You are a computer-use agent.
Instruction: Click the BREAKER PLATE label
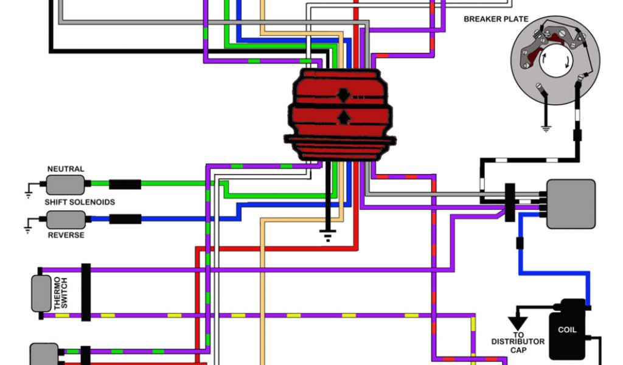(496, 19)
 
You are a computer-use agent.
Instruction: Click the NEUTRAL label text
(66, 169)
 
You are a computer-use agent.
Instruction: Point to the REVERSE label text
(66, 235)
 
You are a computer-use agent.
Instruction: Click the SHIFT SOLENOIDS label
(80, 202)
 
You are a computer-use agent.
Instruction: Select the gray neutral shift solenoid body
(65, 184)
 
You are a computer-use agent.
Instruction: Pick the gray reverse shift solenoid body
(66, 219)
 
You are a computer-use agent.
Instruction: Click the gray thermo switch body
(42, 293)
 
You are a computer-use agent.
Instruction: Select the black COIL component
(566, 330)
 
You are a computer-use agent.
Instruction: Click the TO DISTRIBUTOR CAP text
(518, 341)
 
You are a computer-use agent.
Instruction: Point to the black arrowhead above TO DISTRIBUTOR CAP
(518, 322)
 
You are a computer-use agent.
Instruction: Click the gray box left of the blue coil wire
(570, 204)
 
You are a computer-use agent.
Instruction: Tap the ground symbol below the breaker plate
(545, 128)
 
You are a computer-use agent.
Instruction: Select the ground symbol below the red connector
(329, 234)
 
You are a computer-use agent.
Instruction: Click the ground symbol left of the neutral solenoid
(28, 193)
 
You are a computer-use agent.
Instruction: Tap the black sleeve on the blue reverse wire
(125, 219)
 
